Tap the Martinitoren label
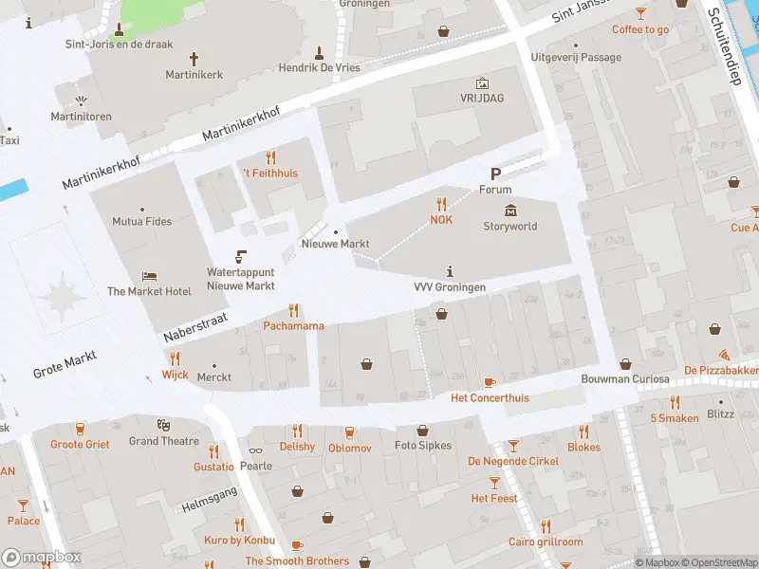(81, 117)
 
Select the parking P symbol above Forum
(495, 174)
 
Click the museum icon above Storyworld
(510, 211)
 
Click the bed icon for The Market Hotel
(149, 276)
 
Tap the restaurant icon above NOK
(441, 204)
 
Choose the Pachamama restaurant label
(293, 326)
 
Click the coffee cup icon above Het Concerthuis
(490, 382)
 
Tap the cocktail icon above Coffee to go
(640, 13)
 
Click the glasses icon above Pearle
(255, 451)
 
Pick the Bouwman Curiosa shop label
(625, 379)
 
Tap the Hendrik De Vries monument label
(320, 68)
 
